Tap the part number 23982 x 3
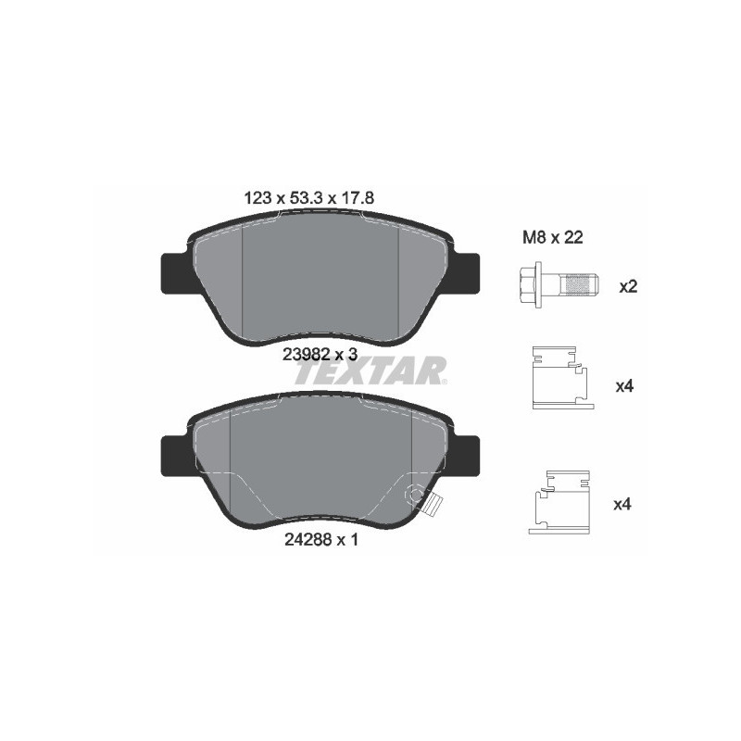(x=320, y=354)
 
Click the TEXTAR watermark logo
(x=370, y=371)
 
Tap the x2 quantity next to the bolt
(x=628, y=286)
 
